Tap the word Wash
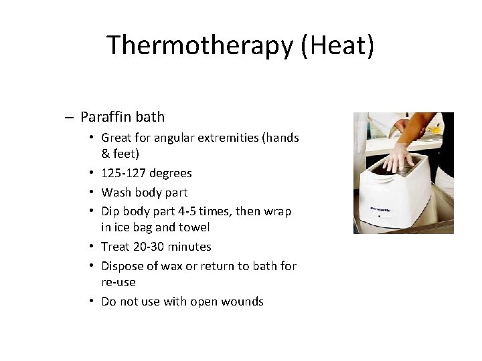click(116, 192)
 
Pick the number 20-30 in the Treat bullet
click(146, 247)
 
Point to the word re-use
click(118, 282)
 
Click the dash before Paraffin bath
click(70, 118)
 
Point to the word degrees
click(170, 173)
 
